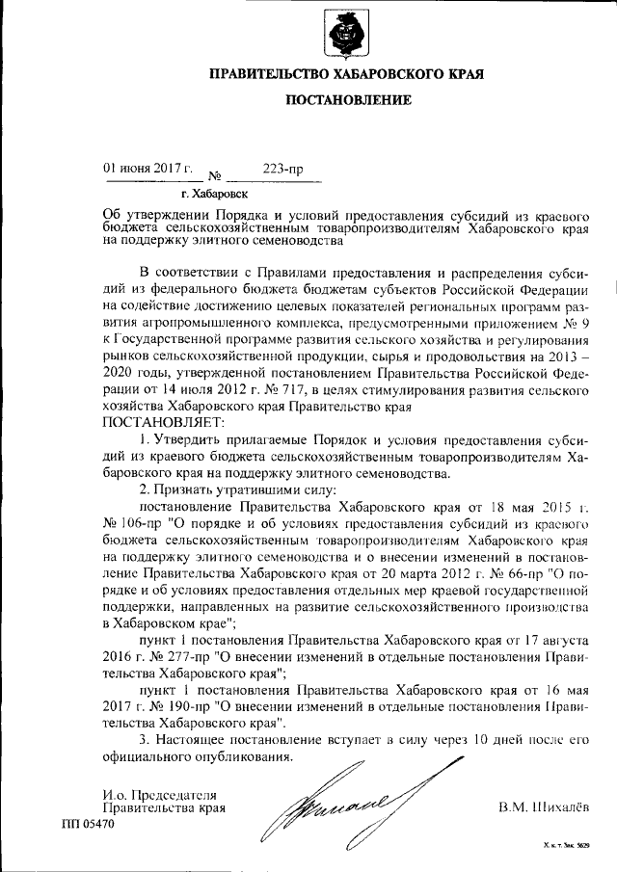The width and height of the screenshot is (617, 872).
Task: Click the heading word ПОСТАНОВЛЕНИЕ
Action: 347,100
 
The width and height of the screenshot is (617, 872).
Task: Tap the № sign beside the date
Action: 215,176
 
